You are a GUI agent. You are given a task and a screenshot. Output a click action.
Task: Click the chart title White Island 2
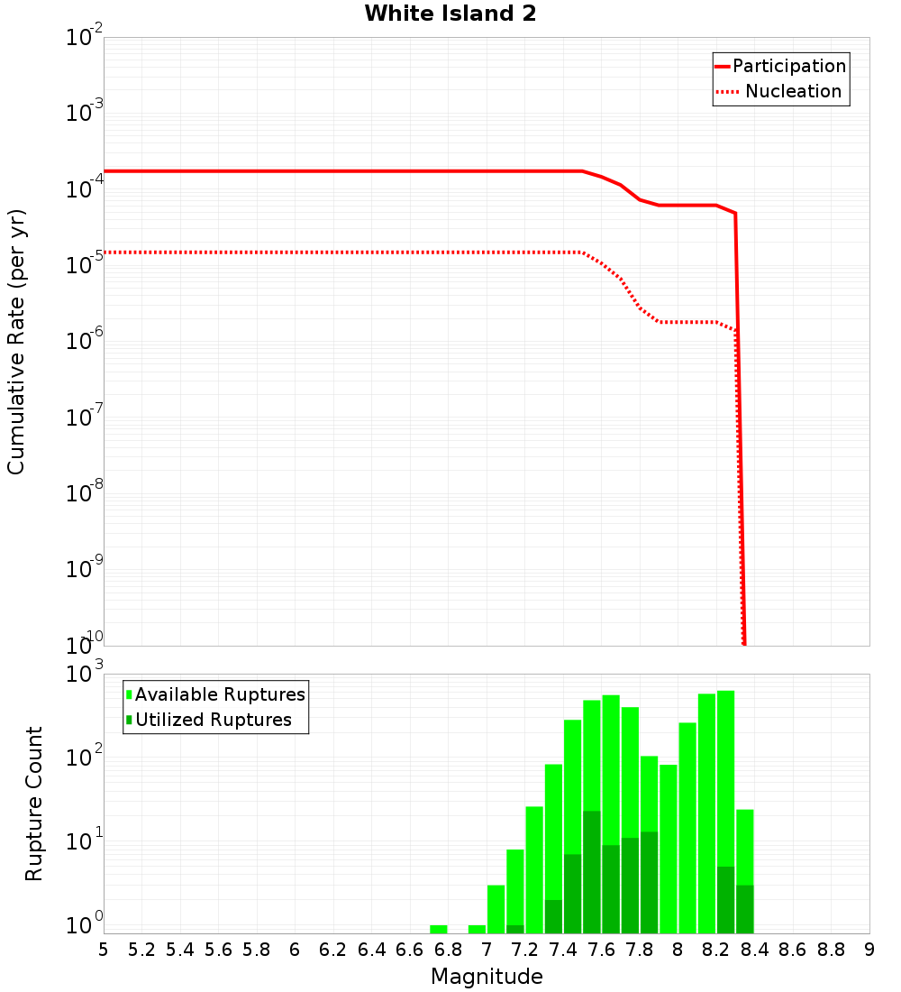pyautogui.click(x=450, y=14)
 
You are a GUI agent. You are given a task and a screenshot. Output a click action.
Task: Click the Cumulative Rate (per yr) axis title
pyautogui.click(x=16, y=342)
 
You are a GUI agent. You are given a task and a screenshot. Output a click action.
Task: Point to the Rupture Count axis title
pyautogui.click(x=34, y=803)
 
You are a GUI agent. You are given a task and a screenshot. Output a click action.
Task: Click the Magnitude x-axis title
pyautogui.click(x=487, y=977)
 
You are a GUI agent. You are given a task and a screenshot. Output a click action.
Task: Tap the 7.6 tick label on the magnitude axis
pyautogui.click(x=602, y=950)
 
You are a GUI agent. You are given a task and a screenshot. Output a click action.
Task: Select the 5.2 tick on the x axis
pyautogui.click(x=142, y=950)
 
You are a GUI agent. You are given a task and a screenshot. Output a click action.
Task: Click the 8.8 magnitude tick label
pyautogui.click(x=832, y=950)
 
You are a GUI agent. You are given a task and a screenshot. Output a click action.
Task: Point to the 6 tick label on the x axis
pyautogui.click(x=295, y=950)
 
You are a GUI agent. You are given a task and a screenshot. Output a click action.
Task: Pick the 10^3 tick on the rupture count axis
pyautogui.click(x=86, y=674)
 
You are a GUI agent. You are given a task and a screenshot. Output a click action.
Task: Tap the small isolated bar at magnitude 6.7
pyautogui.click(x=439, y=929)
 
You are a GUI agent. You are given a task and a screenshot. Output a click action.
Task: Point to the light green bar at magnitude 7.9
pyautogui.click(x=669, y=848)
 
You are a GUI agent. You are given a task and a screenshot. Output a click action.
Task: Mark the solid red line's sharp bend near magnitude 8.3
pyautogui.click(x=735, y=213)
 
